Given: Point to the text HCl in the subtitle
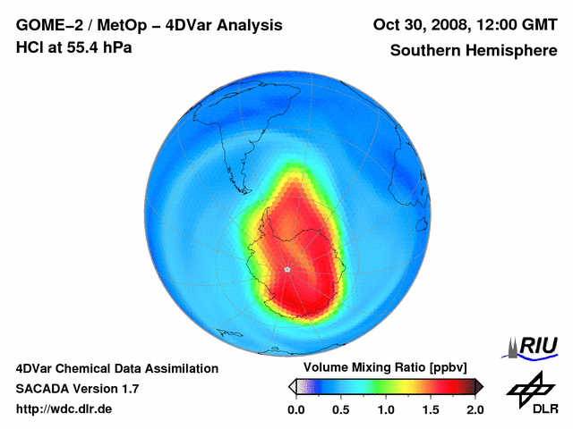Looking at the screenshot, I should click(30, 46).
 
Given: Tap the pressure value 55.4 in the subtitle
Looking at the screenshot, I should click(86, 46).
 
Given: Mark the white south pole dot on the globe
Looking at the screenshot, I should click(286, 269).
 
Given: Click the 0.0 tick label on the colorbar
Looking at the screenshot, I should click(296, 409).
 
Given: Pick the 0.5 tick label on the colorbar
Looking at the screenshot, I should click(341, 409).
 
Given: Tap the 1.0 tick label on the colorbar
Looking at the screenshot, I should click(386, 409).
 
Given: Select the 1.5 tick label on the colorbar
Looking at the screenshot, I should click(431, 409).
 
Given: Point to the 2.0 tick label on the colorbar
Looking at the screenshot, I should click(475, 409).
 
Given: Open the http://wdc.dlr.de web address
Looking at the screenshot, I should click(64, 409).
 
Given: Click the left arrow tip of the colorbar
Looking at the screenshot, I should click(291, 386).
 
